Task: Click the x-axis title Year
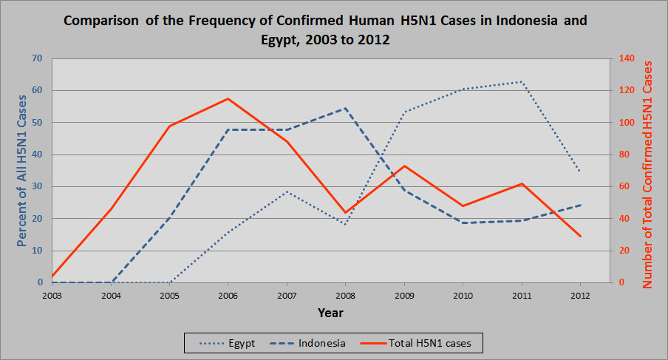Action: click(x=330, y=313)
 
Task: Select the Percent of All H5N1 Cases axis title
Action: click(x=22, y=170)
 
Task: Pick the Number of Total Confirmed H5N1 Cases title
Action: click(x=648, y=174)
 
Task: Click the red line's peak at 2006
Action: click(x=228, y=98)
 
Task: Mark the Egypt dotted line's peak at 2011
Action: click(x=522, y=81)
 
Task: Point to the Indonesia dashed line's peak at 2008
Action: click(x=346, y=108)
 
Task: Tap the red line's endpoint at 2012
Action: click(x=581, y=237)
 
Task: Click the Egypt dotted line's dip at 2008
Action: click(x=346, y=224)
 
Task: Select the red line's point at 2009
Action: click(x=405, y=166)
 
